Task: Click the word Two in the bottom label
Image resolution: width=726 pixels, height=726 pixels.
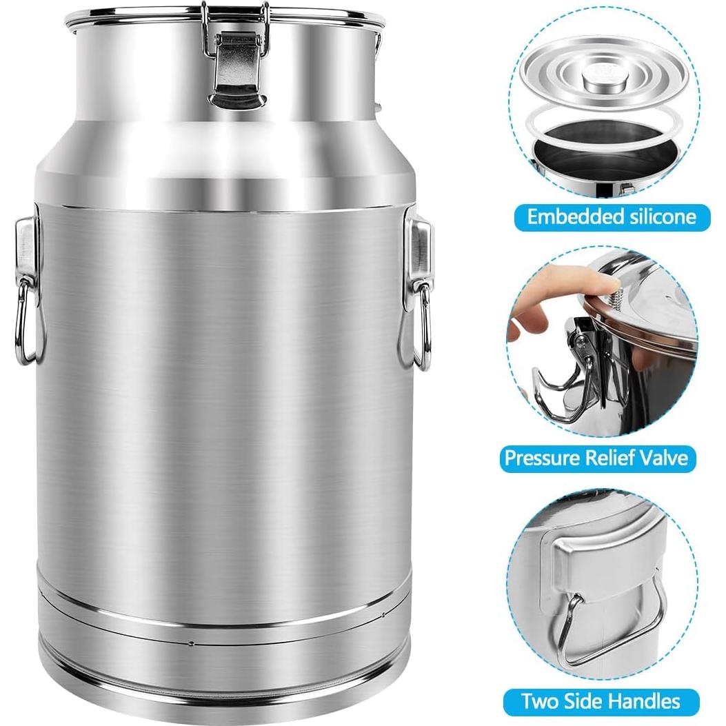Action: point(538,701)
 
